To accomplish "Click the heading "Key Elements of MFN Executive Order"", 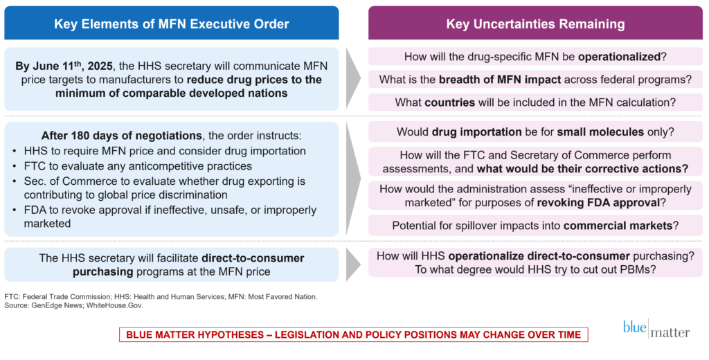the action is [172, 24].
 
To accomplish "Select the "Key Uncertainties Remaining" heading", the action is [535, 24].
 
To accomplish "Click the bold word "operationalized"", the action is [619, 57].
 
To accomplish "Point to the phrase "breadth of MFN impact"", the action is [500, 80].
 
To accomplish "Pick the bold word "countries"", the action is [449, 102].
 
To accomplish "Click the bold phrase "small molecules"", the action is [600, 132].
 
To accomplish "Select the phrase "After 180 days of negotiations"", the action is [122, 136].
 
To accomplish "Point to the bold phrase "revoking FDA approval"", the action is [598, 203].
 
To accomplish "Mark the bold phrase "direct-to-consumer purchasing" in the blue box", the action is [188, 265].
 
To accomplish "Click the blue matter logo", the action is [656, 328].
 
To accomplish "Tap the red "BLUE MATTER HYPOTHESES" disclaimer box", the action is [354, 334].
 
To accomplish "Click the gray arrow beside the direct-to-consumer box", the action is [353, 264].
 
